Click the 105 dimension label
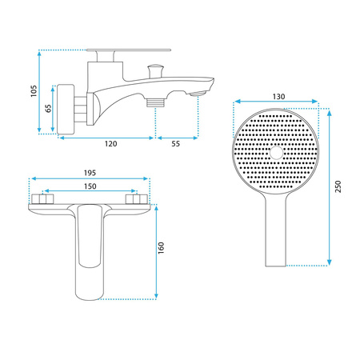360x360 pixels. click(x=34, y=91)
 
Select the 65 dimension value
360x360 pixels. click(x=48, y=108)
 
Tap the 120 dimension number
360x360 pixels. click(x=110, y=144)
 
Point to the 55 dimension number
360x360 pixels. click(x=175, y=144)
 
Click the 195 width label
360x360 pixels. click(x=90, y=173)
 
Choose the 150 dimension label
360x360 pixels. click(x=90, y=186)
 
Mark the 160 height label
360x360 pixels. click(x=161, y=248)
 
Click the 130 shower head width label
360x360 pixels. click(x=278, y=97)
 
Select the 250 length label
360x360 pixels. click(x=338, y=186)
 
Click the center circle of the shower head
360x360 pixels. click(x=276, y=153)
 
